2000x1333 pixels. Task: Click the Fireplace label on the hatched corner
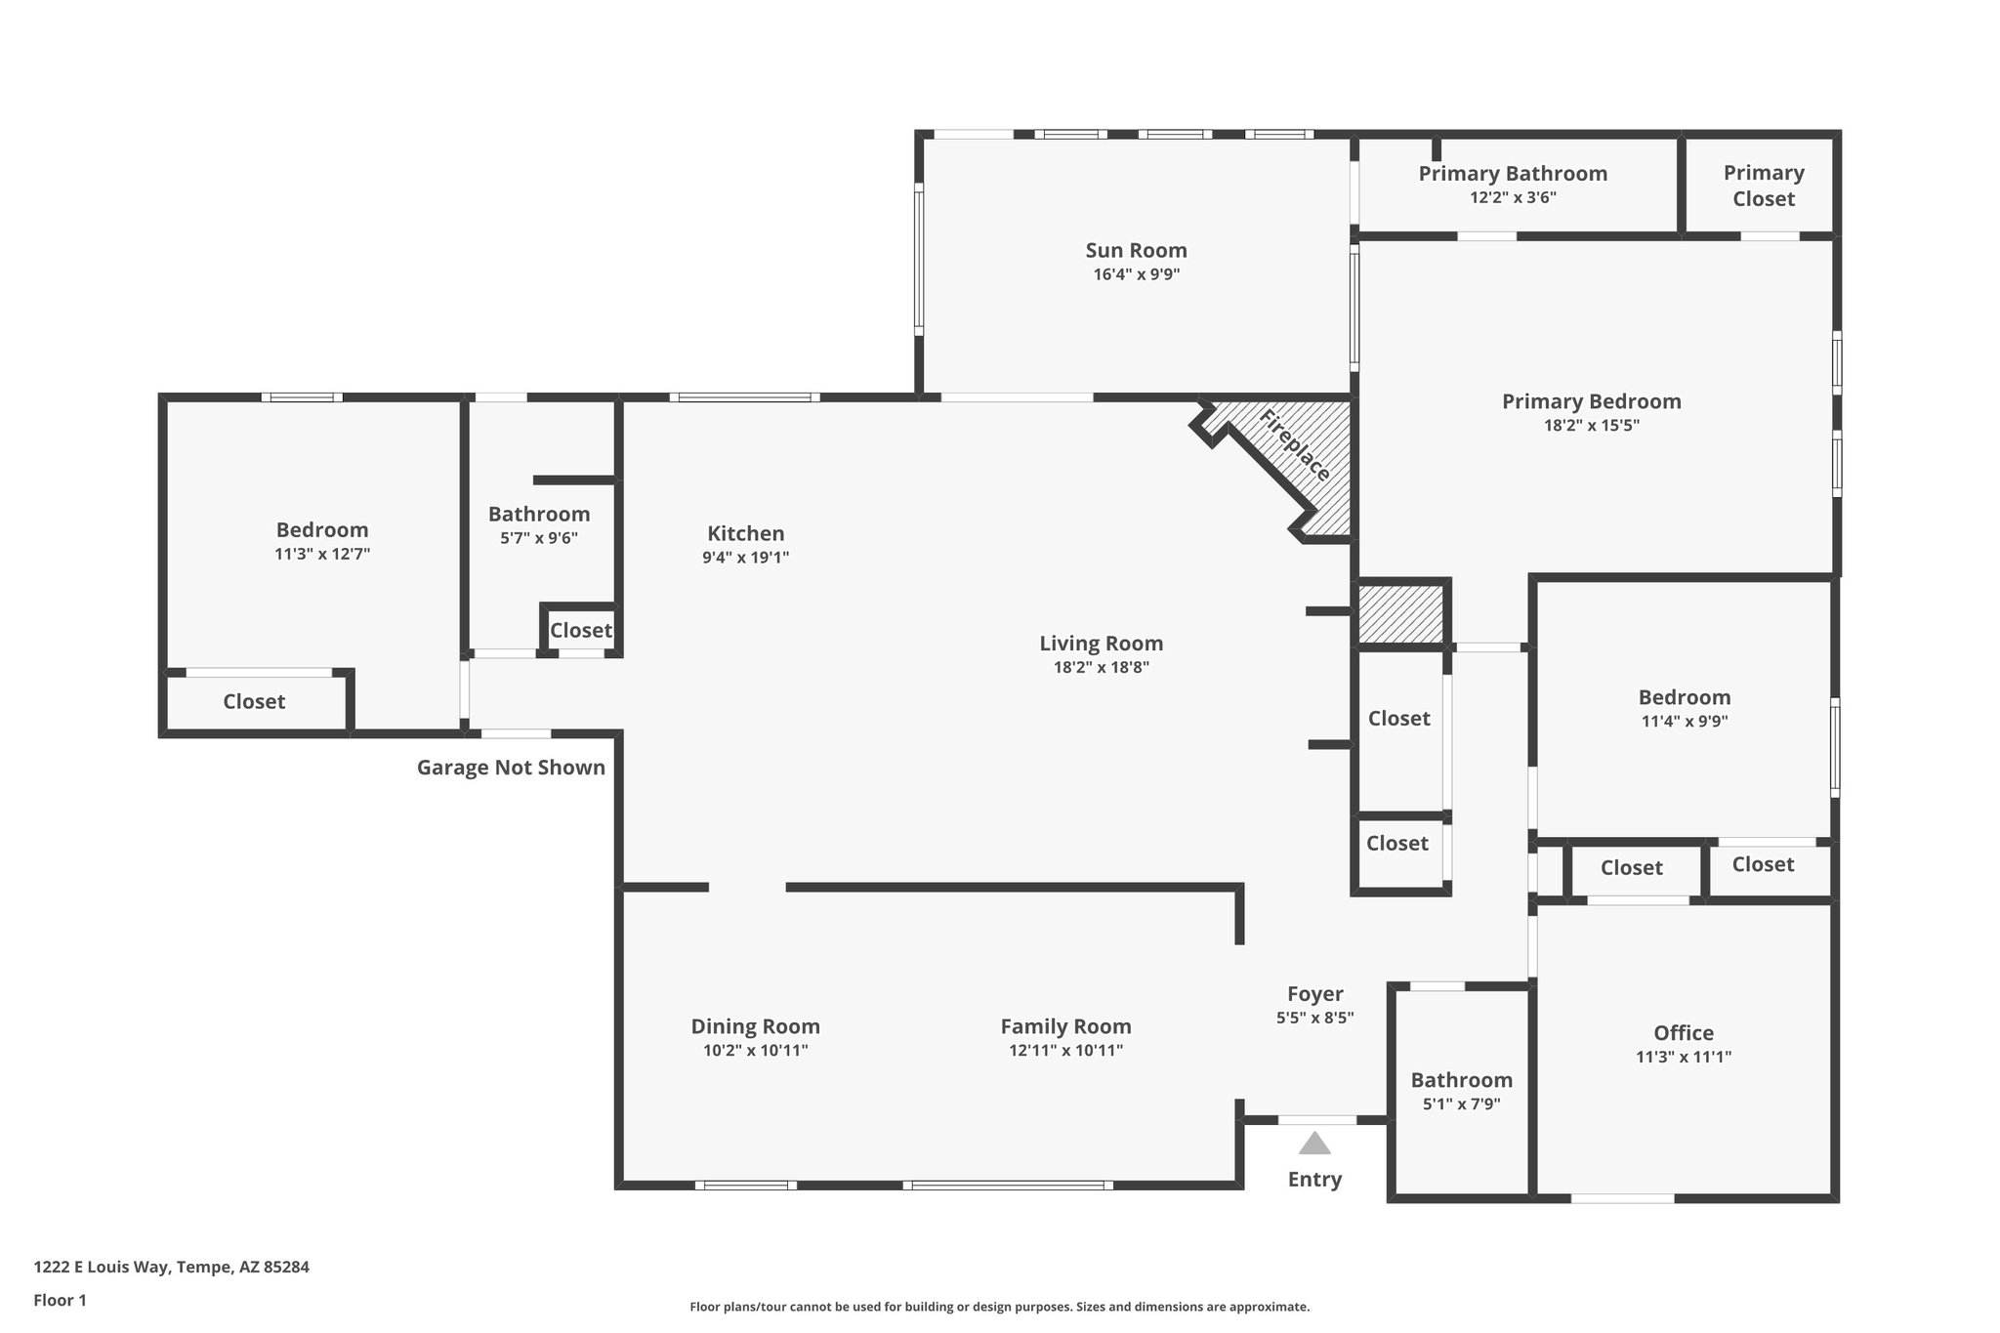tap(1294, 446)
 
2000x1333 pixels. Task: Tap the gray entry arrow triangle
tap(1314, 1144)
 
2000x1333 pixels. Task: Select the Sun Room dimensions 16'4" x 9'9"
tap(1136, 274)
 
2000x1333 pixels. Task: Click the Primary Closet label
tap(1763, 186)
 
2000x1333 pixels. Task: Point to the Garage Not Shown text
tap(511, 768)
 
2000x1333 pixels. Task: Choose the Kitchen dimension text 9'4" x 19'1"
tap(745, 558)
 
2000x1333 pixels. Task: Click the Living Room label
tap(1101, 644)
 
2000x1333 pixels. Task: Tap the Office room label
tap(1683, 1032)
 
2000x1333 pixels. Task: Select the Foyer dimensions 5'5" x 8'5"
tap(1314, 1018)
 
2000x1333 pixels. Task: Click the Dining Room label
tap(755, 1026)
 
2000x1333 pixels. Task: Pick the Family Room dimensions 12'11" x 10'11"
tap(1065, 1051)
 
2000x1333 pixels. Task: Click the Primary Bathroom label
tap(1512, 174)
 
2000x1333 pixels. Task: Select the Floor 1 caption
tap(60, 1300)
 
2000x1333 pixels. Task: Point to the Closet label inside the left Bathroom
tap(580, 631)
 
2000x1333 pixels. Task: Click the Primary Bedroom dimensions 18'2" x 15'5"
tap(1590, 426)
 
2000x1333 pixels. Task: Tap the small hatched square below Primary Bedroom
tap(1400, 614)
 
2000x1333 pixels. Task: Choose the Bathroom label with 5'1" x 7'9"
tap(1461, 1080)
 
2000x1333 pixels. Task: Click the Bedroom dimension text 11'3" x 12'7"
tap(321, 555)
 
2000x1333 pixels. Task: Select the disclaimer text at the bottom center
tap(999, 1307)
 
